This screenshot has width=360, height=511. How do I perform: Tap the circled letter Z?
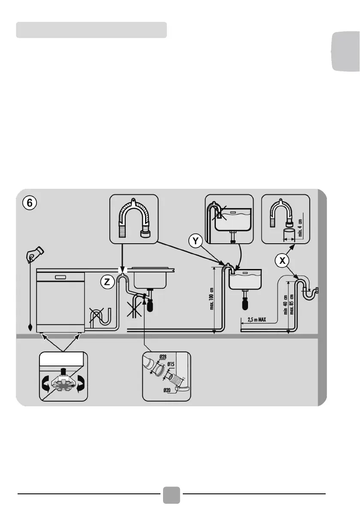pos(107,282)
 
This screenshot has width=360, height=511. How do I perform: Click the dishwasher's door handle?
pos(60,277)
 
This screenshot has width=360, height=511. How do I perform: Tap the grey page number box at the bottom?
pos(172,494)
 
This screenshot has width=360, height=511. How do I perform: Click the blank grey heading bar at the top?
pos(91,30)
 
